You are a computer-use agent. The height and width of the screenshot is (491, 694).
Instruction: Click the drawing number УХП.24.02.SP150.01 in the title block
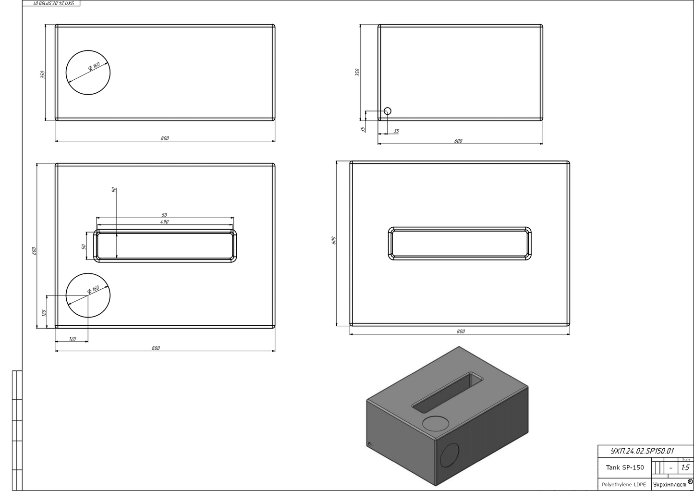642,451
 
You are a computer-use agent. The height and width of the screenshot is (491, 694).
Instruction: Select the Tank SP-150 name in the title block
624,467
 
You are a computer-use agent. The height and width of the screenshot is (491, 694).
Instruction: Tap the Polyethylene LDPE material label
624,484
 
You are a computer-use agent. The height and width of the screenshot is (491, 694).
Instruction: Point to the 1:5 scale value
685,467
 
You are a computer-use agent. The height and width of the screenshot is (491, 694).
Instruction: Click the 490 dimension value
164,222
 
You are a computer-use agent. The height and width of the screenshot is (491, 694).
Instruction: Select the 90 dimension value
114,190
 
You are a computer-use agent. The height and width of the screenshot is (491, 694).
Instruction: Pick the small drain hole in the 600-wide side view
387,111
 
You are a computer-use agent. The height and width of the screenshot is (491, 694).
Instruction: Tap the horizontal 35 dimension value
396,131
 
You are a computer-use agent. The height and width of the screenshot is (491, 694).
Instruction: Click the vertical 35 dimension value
363,129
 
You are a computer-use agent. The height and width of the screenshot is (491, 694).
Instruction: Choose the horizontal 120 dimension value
72,339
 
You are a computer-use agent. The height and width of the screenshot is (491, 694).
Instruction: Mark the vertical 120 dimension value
44,313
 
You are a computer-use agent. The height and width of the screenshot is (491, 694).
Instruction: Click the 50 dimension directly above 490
164,215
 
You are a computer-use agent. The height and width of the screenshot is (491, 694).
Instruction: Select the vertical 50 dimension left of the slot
84,247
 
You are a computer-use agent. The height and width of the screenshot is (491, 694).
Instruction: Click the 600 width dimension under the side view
458,141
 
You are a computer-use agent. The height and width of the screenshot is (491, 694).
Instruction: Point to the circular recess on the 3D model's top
436,423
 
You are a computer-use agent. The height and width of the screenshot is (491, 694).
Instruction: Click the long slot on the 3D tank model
448,393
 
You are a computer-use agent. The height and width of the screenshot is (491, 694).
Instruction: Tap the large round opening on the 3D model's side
450,455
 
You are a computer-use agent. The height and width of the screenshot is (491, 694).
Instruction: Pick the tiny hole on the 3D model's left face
369,444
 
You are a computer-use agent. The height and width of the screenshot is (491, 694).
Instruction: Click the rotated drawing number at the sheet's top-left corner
51,3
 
